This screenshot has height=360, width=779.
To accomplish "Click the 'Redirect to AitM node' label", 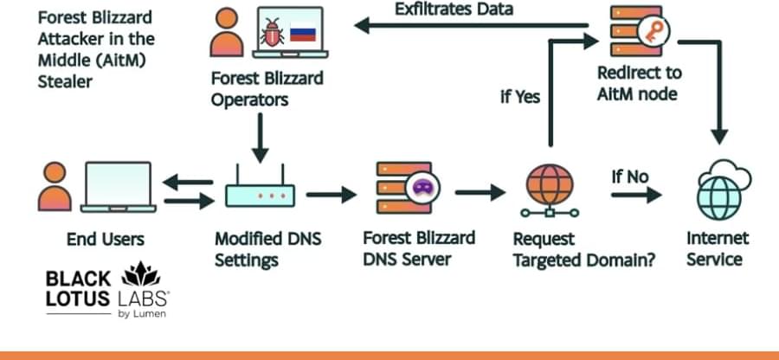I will pos(639,84).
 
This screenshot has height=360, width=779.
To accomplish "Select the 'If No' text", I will pos(629,177).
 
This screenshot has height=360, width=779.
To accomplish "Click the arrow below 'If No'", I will pos(635,196).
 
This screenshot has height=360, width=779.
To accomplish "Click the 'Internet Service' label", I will pos(718,247).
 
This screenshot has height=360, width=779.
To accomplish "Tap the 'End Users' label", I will pos(106,239).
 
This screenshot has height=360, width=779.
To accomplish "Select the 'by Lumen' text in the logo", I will pos(142,313).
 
